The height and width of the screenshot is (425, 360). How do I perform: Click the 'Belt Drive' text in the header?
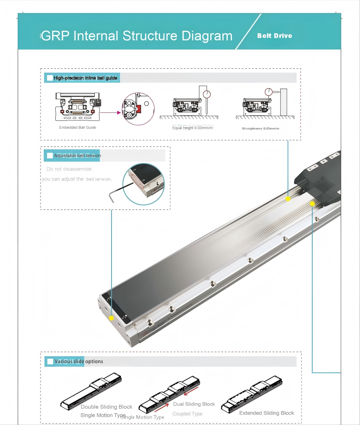275,36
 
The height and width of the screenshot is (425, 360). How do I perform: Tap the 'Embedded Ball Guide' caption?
77,127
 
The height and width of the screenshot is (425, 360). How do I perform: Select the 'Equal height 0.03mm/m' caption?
192,128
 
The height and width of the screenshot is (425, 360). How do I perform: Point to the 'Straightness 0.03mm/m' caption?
261,128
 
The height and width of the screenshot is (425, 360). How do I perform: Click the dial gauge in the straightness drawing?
268,92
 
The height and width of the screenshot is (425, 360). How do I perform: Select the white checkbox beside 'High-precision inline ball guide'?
50,78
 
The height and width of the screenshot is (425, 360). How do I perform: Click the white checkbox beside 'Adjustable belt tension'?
50,156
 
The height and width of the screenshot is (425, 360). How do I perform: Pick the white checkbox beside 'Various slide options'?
50,361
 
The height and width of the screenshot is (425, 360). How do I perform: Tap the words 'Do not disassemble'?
69,169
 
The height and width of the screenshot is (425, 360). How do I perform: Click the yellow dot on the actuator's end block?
111,318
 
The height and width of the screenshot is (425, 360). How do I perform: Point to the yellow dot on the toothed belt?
312,204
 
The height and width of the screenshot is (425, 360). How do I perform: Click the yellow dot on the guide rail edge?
288,199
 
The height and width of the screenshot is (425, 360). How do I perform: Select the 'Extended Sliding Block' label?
267,413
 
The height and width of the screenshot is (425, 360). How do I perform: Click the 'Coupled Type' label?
187,414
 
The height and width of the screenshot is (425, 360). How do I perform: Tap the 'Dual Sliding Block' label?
194,404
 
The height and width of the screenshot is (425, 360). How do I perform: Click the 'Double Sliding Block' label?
106,407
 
